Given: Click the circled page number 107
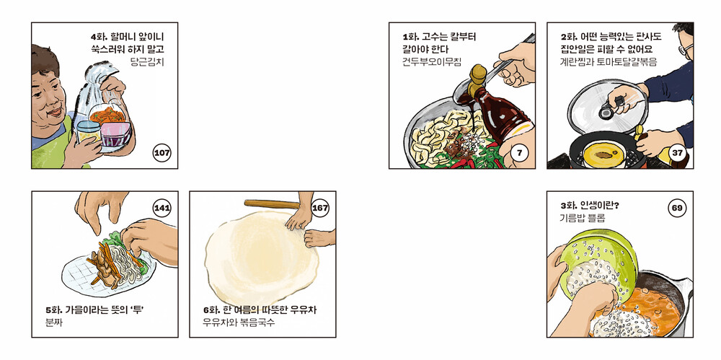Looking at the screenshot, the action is point(162,153).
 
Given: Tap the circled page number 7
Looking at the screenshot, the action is point(520,153).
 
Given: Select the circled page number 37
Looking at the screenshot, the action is point(677,153).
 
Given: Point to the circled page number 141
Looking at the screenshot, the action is point(162,208).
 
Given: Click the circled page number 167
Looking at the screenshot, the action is point(320,208).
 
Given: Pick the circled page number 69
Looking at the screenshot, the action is point(677,208).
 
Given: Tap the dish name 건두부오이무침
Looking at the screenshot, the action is point(432,62).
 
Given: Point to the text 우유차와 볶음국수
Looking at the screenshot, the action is point(239,322).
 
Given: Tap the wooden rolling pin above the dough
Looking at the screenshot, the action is point(272,204).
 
